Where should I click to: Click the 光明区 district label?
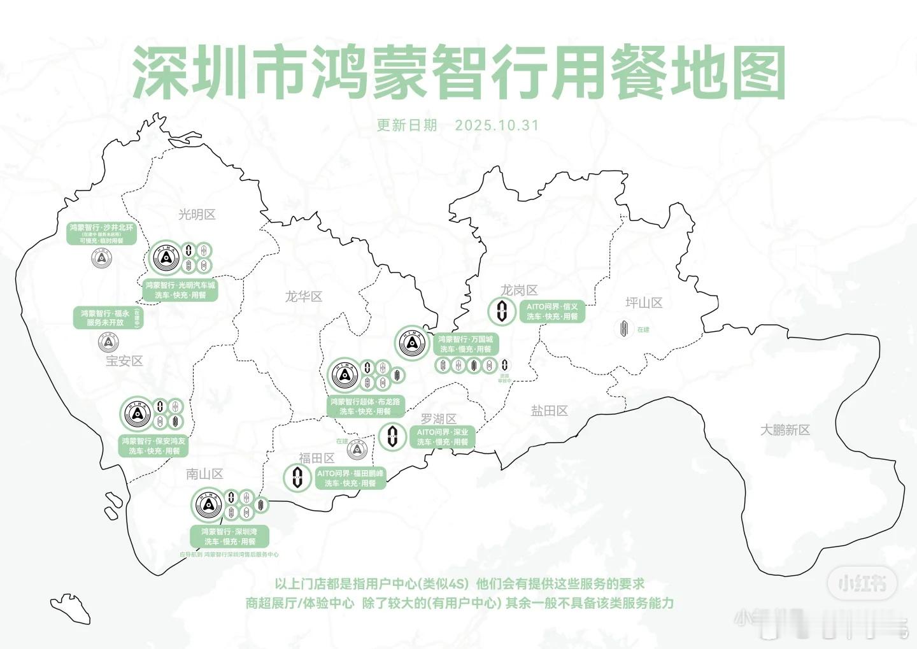click(197, 215)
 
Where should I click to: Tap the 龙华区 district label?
click(304, 296)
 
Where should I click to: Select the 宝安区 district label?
click(124, 361)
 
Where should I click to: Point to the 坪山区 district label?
click(644, 303)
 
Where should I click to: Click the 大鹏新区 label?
click(785, 431)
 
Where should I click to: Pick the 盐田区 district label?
click(550, 411)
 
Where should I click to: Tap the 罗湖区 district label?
click(439, 418)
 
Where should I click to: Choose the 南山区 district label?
click(204, 474)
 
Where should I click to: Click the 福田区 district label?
click(316, 458)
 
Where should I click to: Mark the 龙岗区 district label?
click(519, 290)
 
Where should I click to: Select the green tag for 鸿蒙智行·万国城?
click(466, 345)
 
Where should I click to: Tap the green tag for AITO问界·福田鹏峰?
click(350, 478)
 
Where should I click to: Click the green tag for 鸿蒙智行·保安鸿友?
click(154, 446)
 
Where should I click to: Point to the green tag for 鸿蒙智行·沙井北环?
click(102, 234)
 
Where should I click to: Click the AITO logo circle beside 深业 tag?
click(392, 437)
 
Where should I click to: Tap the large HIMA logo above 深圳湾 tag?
click(208, 506)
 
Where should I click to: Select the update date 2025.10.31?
click(497, 125)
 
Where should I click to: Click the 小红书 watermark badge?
click(862, 583)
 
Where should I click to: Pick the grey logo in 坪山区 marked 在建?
click(624, 329)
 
